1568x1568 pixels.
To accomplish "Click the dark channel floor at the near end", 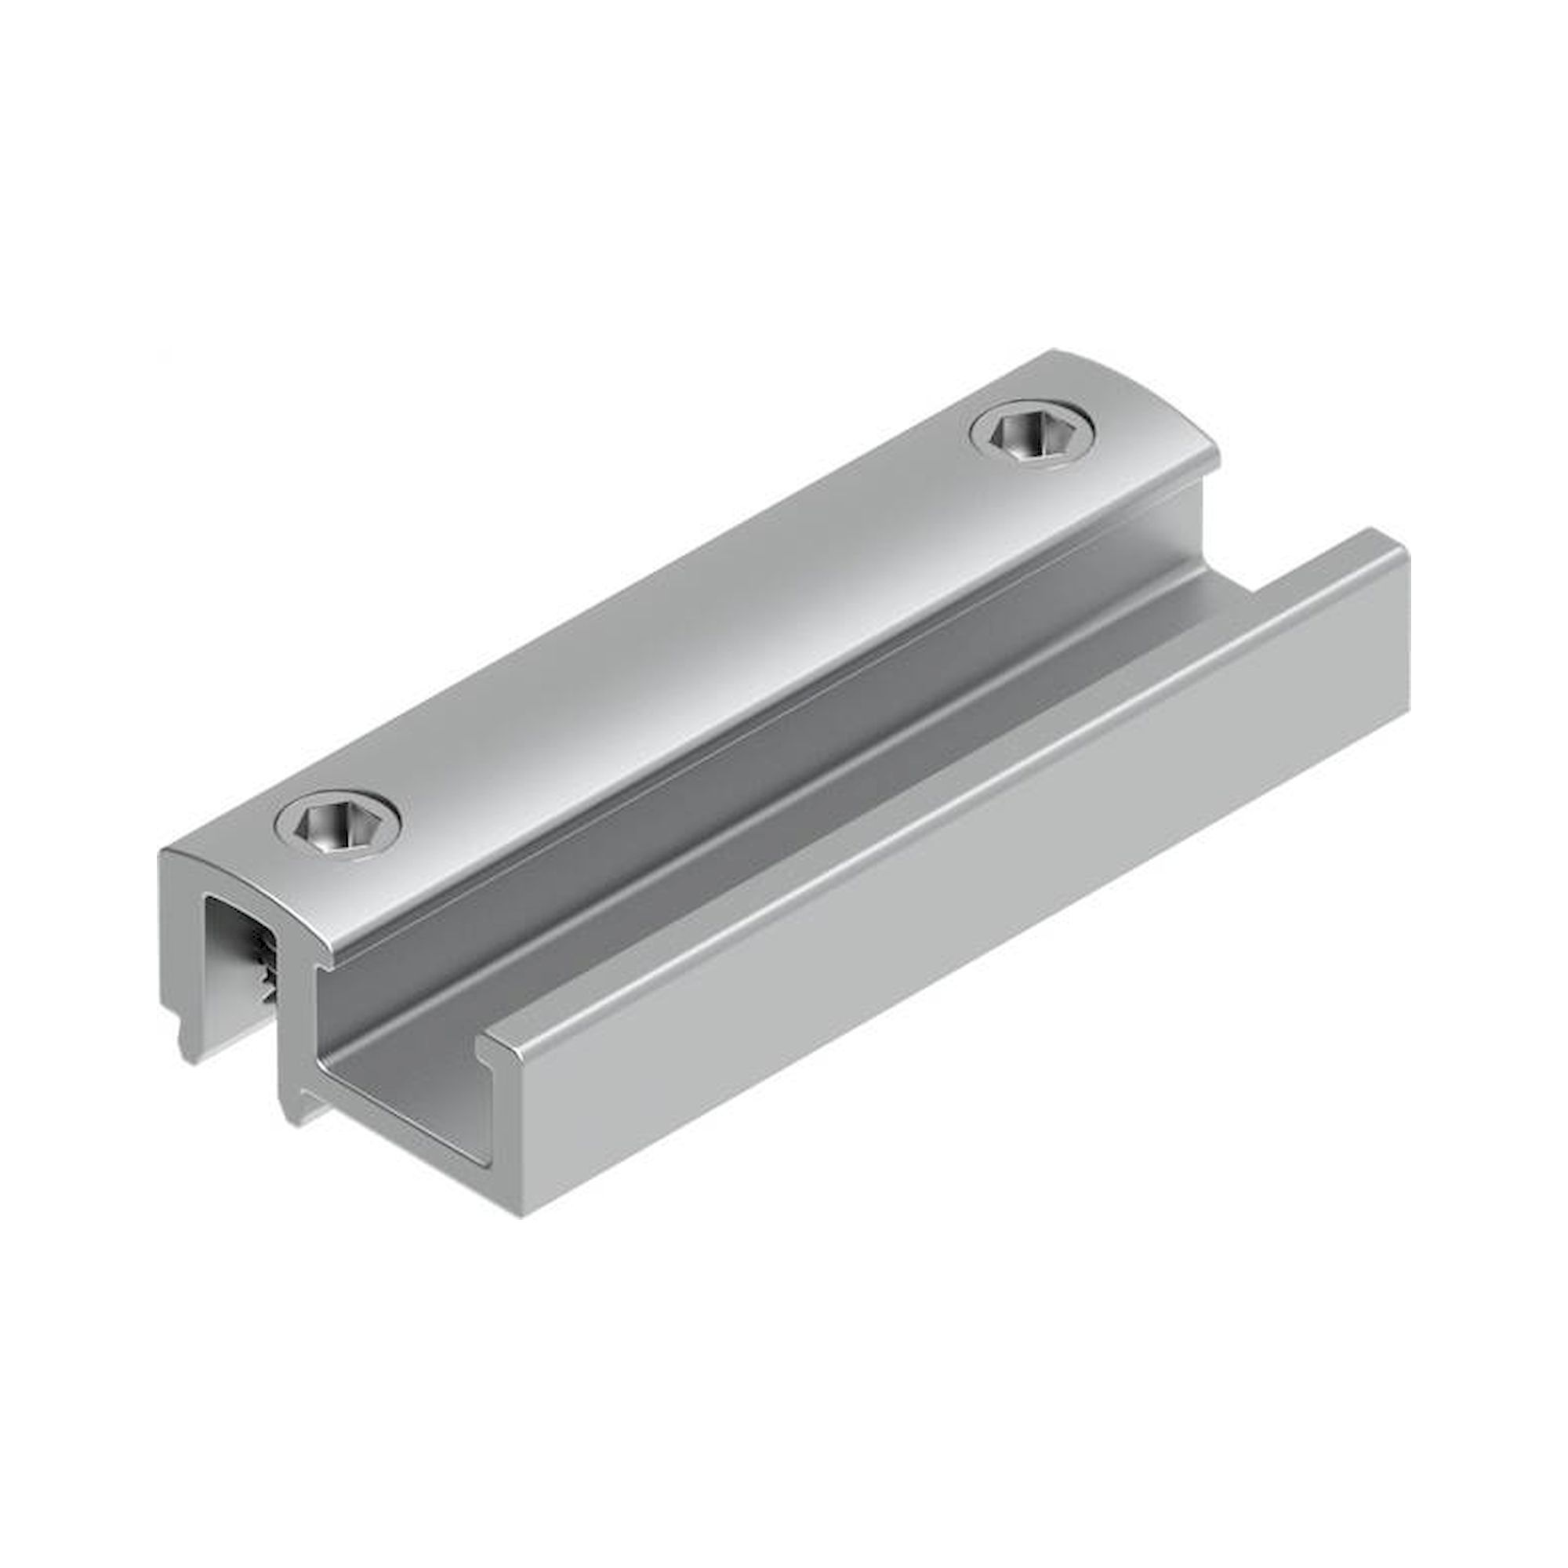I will (406, 1080).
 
